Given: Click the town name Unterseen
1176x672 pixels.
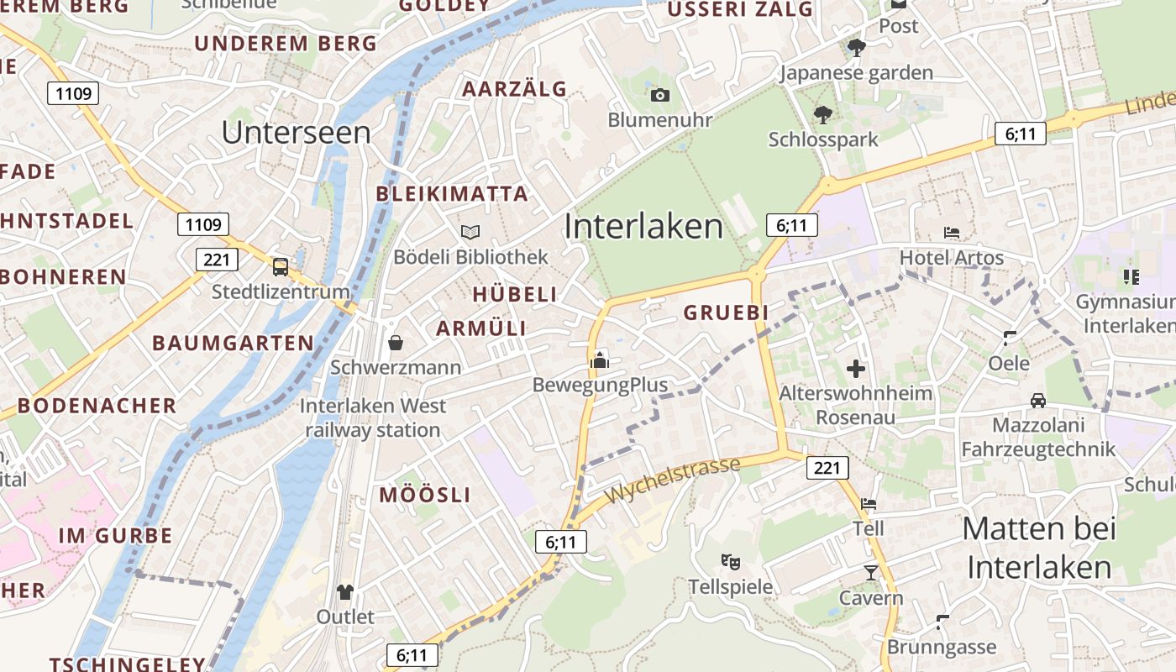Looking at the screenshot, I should click(x=297, y=133).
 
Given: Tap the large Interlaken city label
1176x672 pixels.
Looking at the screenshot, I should click(x=643, y=227).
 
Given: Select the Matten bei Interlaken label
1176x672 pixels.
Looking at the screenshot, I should click(x=1039, y=548).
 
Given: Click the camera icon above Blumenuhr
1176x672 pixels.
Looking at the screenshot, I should click(x=660, y=95).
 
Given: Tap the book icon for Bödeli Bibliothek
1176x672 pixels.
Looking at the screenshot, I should click(x=470, y=232).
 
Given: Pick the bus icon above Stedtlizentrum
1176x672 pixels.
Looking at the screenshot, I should click(x=281, y=267).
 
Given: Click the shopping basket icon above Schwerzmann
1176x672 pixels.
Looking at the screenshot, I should click(x=396, y=343).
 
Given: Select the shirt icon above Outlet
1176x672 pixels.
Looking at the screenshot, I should click(x=344, y=592).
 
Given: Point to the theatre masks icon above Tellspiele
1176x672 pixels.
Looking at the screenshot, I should click(x=730, y=561).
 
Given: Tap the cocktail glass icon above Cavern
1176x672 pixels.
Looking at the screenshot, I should click(x=870, y=573).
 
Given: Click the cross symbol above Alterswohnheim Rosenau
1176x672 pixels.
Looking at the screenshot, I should click(x=856, y=368).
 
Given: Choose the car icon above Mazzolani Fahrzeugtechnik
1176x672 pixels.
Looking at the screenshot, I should click(x=1038, y=400).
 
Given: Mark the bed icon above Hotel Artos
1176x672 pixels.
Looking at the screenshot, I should click(x=952, y=232).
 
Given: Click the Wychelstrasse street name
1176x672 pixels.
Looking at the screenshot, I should click(x=673, y=480).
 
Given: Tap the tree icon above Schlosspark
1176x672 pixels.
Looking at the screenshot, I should click(x=822, y=114).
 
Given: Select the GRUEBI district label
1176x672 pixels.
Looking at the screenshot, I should click(x=726, y=312).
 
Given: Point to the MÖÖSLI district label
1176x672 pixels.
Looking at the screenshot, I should click(x=425, y=495).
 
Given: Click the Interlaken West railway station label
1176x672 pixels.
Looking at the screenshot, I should click(x=373, y=417).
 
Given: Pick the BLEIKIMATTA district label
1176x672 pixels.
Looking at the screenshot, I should click(x=452, y=194).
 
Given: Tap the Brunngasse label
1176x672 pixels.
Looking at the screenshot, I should click(x=942, y=648).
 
